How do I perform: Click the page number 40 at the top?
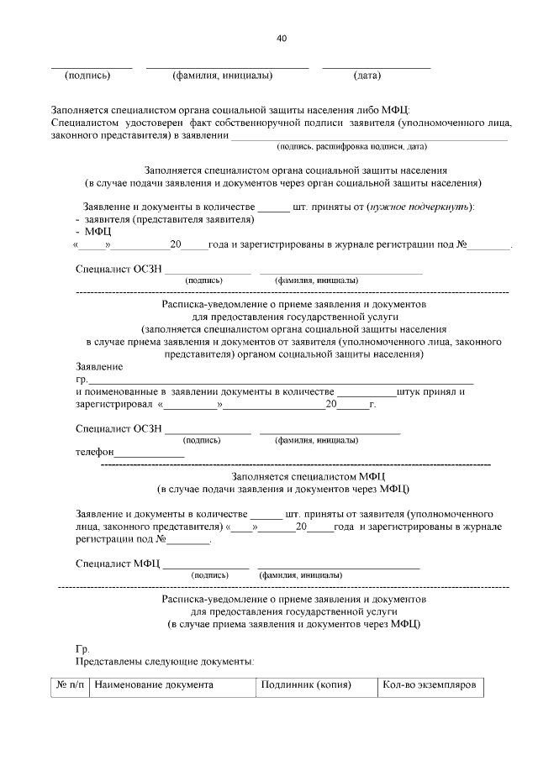(281, 38)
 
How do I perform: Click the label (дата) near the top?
(367, 76)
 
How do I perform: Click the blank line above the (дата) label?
(376, 66)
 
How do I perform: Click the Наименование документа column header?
(154, 684)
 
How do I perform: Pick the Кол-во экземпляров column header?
(429, 684)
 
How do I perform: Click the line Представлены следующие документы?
(165, 661)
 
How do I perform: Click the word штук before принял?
(413, 391)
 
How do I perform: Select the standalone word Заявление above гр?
(99, 367)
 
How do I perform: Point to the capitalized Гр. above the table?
(82, 649)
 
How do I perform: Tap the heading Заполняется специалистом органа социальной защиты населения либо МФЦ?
(230, 109)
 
